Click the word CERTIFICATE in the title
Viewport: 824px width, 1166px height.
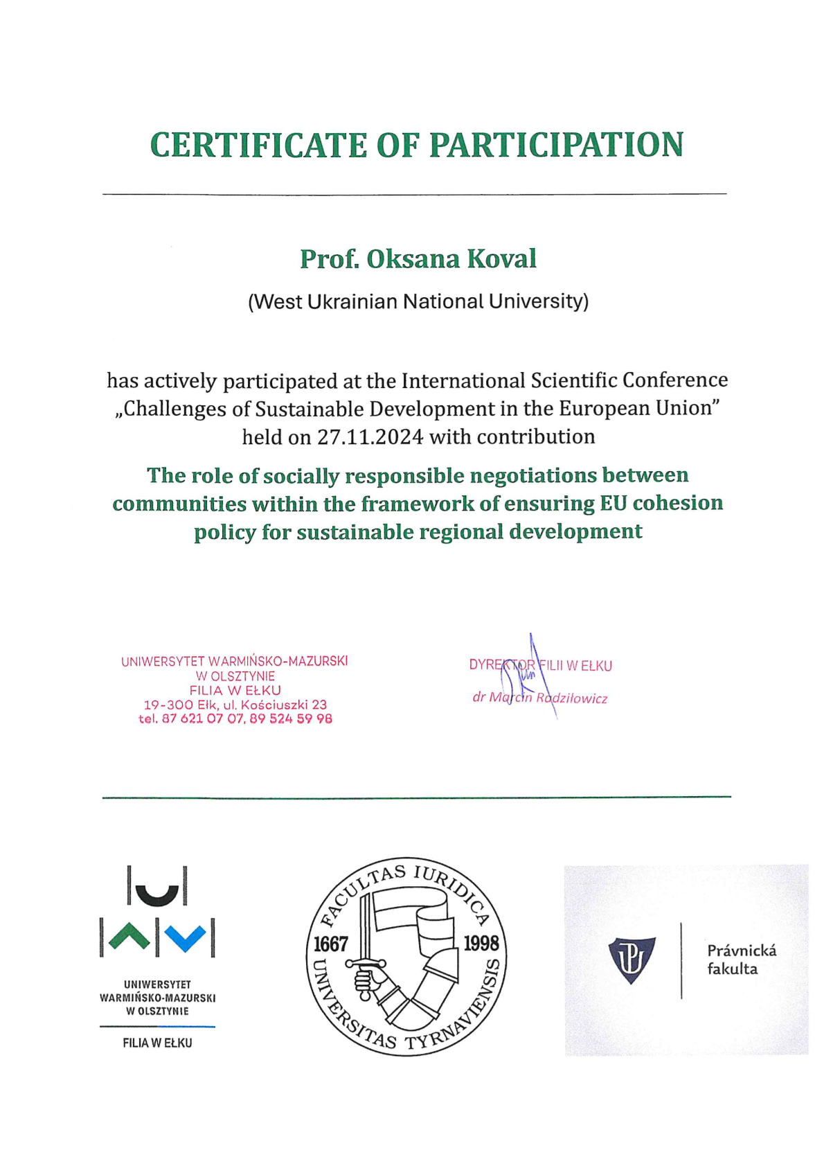point(258,145)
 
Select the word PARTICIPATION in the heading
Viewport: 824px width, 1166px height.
point(556,145)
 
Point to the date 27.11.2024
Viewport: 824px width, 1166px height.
point(370,437)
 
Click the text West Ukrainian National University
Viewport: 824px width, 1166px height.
point(418,301)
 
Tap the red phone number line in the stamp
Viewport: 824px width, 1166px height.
point(235,719)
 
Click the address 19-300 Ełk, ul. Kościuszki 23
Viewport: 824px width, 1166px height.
point(235,705)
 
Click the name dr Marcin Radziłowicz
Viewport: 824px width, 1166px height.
point(539,698)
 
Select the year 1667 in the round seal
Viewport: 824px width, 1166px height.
point(331,944)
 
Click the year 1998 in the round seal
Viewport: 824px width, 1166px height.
point(481,944)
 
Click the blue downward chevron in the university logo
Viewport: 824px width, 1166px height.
point(186,937)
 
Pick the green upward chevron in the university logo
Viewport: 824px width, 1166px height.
point(129,937)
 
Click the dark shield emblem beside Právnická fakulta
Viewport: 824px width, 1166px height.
point(631,960)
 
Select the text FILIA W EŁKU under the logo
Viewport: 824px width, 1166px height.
point(157,1043)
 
